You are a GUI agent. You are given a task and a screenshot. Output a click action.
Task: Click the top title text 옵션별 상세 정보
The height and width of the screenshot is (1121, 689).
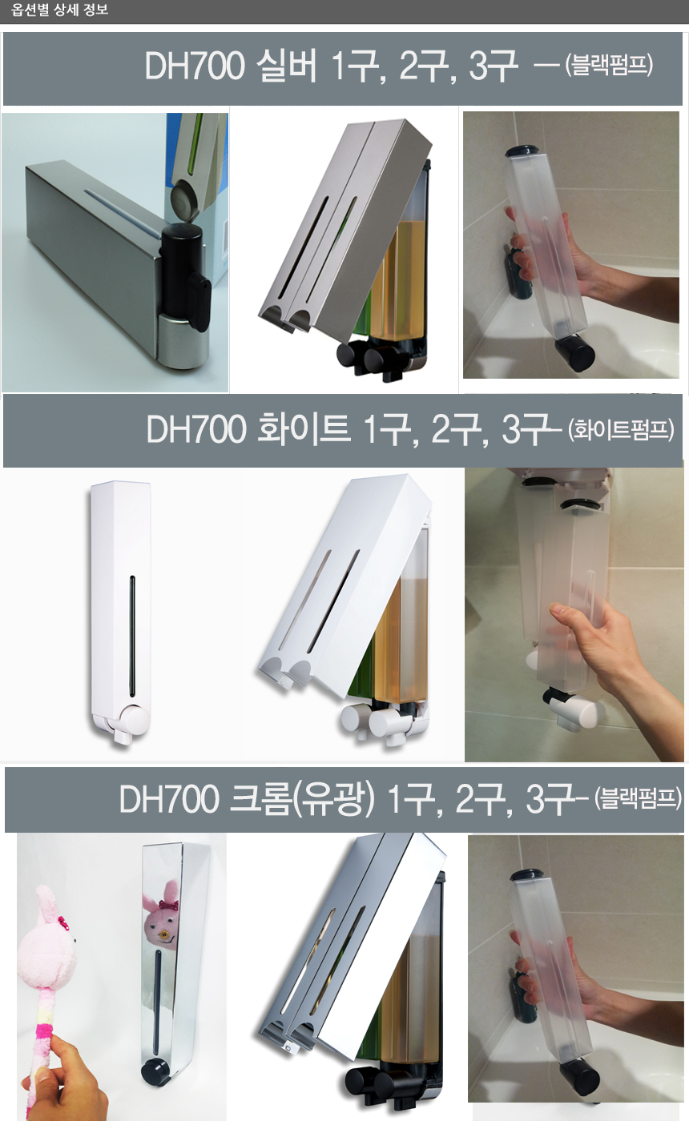click(59, 10)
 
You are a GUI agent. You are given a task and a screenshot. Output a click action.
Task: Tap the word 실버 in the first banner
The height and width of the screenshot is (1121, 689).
click(286, 66)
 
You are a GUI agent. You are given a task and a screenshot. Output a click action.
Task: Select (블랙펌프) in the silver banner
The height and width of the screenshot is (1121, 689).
click(609, 65)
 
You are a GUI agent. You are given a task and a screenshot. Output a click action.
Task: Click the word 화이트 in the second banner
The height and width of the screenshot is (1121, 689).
click(303, 429)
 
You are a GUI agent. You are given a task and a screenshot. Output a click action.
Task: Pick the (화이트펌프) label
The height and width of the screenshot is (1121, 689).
click(621, 430)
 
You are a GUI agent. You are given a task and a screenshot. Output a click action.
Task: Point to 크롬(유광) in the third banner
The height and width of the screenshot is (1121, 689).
click(302, 799)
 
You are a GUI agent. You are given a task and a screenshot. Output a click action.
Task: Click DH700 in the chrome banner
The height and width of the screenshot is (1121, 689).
click(169, 799)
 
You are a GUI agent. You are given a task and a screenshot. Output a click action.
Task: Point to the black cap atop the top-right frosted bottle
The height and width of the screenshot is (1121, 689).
click(524, 152)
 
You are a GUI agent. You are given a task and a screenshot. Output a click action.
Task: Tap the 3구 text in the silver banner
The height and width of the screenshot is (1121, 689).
click(492, 66)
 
